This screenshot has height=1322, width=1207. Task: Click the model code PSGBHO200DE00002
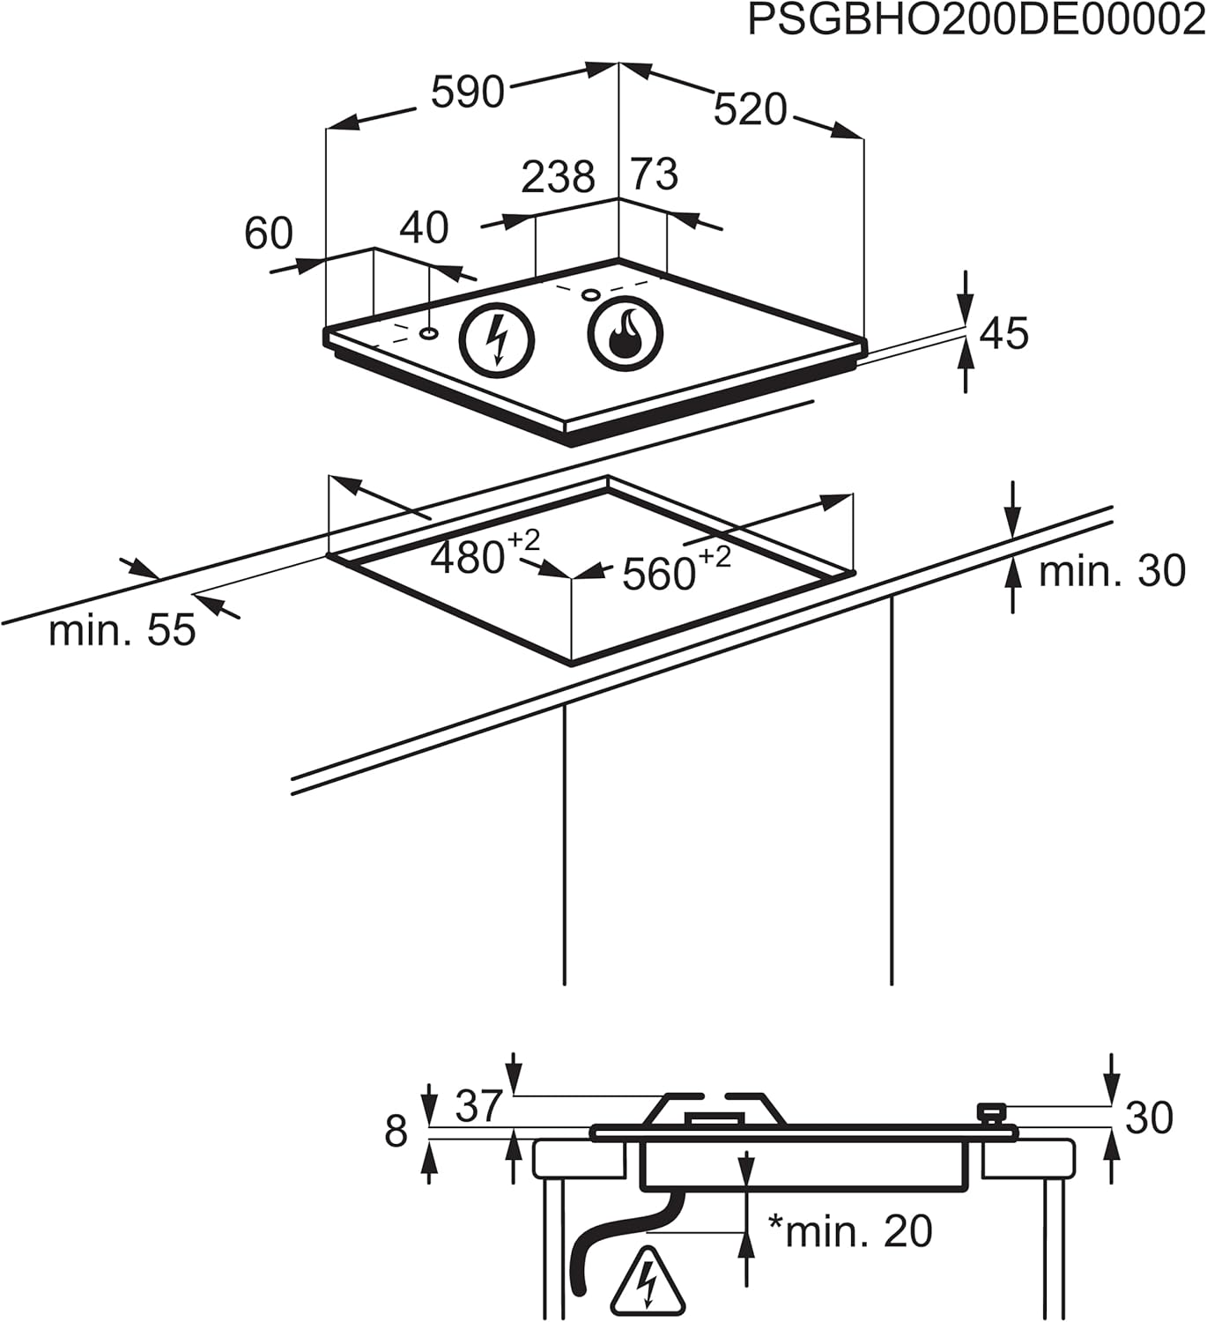[976, 21]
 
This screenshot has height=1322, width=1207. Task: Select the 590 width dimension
[467, 92]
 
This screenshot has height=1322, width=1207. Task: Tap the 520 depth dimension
[750, 111]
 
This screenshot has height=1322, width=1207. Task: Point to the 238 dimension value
[558, 177]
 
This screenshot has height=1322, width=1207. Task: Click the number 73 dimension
[655, 174]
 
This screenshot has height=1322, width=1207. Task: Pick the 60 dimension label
[268, 234]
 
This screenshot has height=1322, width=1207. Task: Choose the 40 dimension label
[424, 227]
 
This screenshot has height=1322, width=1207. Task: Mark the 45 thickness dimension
[1003, 334]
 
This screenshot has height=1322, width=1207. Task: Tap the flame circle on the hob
[626, 336]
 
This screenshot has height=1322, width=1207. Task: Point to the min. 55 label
[122, 631]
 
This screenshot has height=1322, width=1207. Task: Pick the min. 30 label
[1112, 571]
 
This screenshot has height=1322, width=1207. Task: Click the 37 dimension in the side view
[478, 1106]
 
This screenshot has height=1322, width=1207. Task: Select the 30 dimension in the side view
[1149, 1118]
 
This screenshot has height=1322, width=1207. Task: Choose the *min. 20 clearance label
[850, 1230]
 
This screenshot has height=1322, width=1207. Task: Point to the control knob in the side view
[992, 1113]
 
